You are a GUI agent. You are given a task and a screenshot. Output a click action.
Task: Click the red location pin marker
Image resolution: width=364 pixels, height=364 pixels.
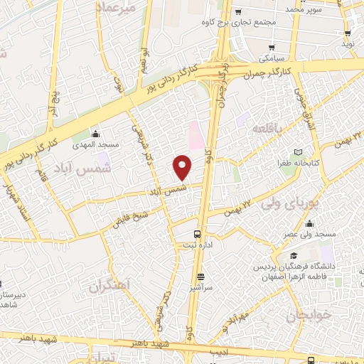coord(183,166)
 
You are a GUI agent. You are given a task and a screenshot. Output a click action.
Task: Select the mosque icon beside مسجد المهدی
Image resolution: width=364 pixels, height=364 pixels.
coord(95,133)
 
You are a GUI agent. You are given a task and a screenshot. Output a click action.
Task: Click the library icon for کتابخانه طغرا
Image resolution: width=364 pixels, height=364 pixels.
coord(298,152)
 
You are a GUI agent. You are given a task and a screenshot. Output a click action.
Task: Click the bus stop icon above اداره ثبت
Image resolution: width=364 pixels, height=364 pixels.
coord(198,233)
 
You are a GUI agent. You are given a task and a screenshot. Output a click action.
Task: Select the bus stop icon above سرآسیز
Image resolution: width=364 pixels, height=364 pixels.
coord(201,277)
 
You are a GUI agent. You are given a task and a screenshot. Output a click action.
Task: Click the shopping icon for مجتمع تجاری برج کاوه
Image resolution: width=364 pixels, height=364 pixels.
coord(239,12)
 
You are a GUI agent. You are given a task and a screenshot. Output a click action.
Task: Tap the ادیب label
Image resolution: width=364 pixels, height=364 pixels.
coord(219,352)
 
